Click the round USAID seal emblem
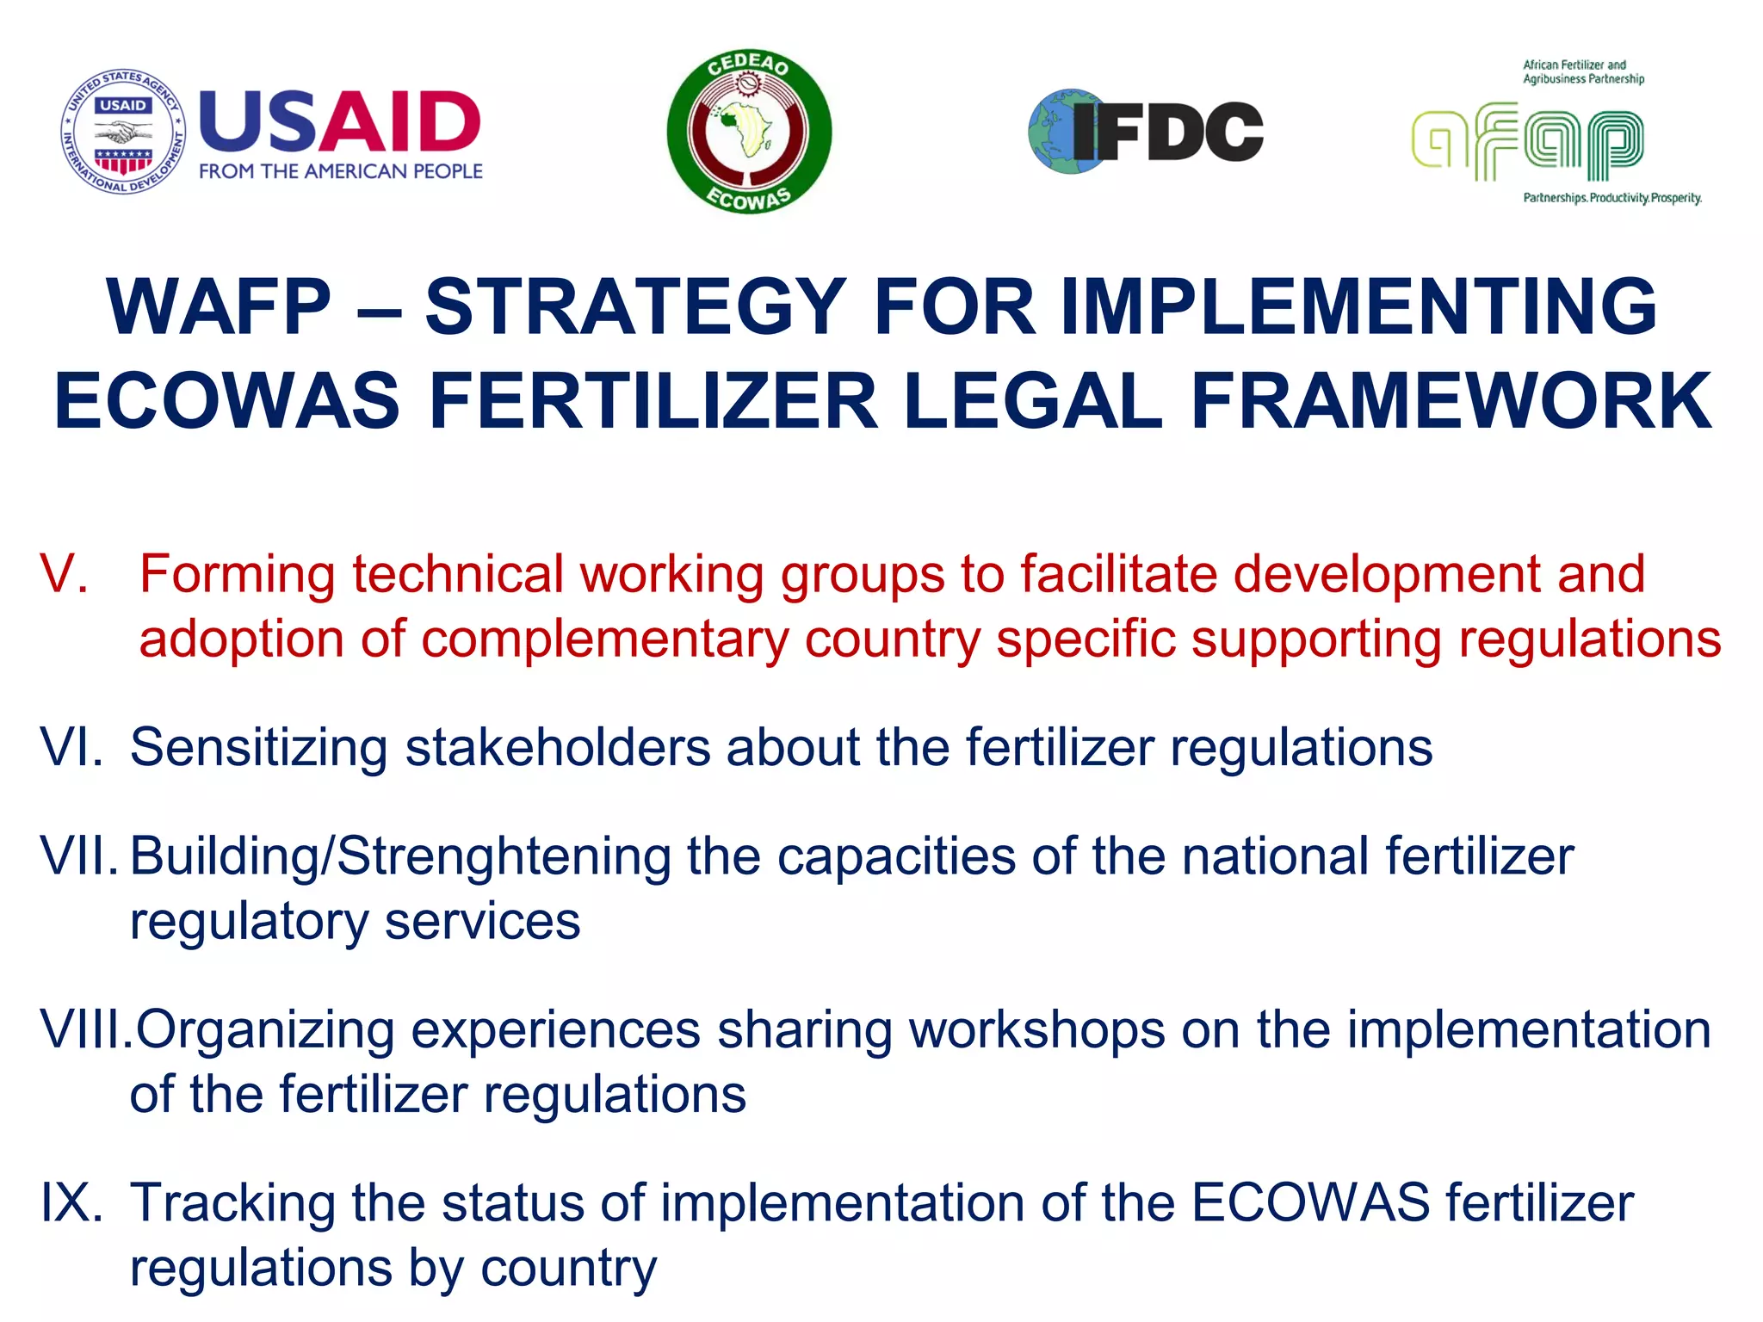click(123, 132)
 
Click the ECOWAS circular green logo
click(749, 131)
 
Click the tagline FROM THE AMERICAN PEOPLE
click(341, 171)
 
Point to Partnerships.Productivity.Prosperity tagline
click(1611, 198)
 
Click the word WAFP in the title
click(218, 307)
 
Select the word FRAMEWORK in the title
click(1451, 401)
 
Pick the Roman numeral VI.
click(71, 747)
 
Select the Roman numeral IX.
click(71, 1202)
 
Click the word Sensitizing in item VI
click(258, 747)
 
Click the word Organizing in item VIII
click(265, 1029)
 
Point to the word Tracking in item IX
click(232, 1202)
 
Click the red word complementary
click(604, 640)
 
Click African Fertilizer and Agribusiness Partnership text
click(1582, 71)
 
